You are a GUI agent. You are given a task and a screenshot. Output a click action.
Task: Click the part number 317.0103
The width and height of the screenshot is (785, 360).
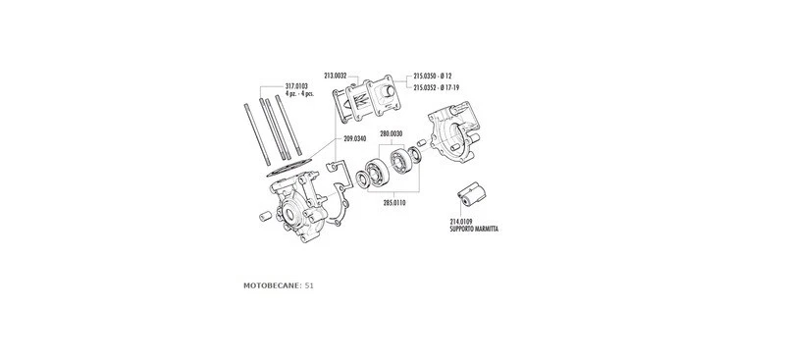(295, 85)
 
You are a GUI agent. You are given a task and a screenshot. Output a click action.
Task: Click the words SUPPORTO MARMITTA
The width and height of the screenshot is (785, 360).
(476, 230)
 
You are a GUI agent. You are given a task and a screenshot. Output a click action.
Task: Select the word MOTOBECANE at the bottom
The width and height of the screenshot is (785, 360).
(272, 285)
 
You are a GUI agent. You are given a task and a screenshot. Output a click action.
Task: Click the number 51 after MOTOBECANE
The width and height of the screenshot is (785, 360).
(309, 285)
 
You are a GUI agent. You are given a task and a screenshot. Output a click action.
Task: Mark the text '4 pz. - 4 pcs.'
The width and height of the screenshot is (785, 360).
(295, 93)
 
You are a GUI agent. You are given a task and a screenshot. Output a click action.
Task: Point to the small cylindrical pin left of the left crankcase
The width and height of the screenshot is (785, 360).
(263, 214)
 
